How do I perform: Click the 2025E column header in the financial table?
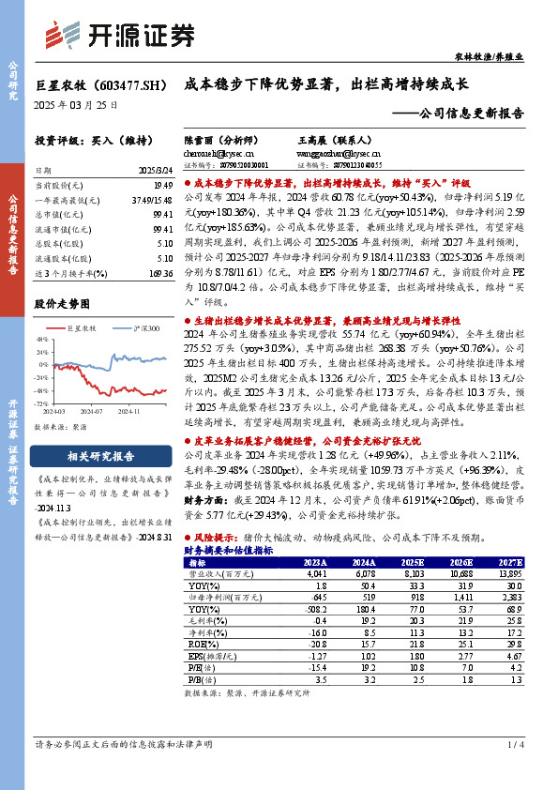pos(411,562)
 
